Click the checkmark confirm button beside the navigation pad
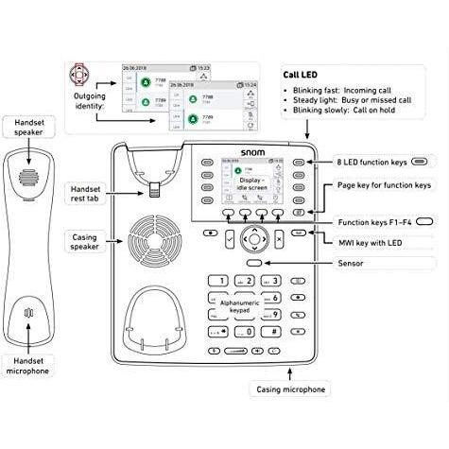point(231,239)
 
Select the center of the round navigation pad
point(253,238)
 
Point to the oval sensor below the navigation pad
point(253,263)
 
